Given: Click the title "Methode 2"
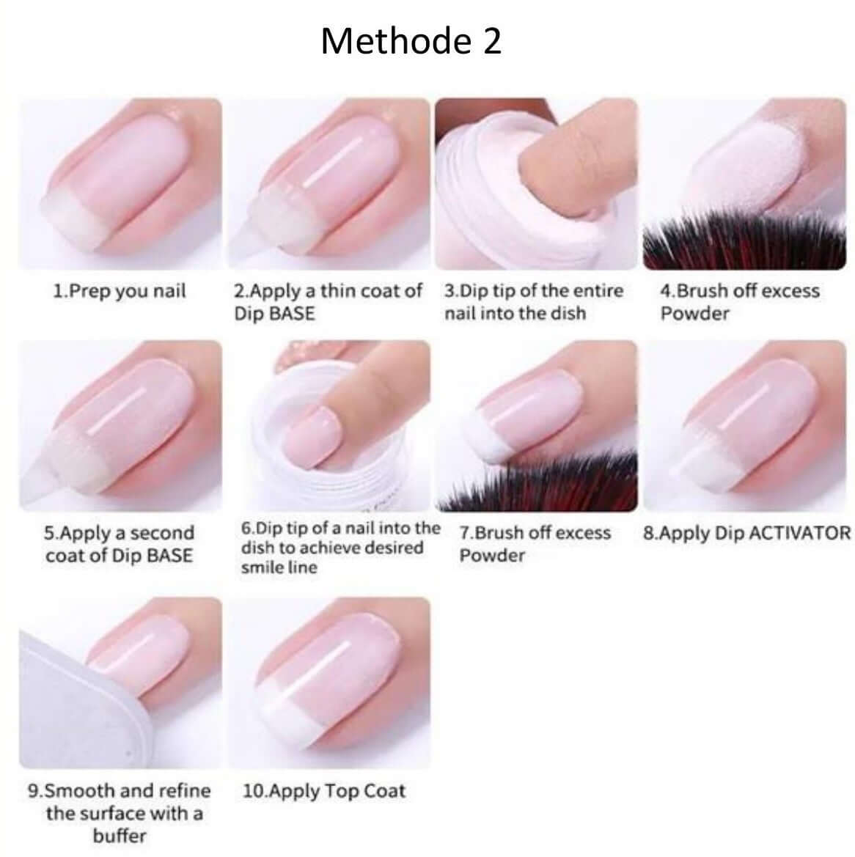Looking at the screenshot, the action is [x=411, y=41].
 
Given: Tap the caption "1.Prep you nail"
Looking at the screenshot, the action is [x=120, y=291].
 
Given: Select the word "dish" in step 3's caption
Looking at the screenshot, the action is [x=568, y=313].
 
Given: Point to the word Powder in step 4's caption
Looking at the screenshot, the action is [x=694, y=313].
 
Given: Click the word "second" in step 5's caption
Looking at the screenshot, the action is [x=162, y=533].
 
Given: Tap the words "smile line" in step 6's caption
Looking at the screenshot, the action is [x=279, y=567].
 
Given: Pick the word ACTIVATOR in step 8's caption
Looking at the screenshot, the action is [x=799, y=533].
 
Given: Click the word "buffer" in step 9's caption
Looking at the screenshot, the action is [x=120, y=836].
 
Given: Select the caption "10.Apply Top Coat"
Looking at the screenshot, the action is [x=323, y=791].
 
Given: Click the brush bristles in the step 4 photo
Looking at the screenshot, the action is [x=744, y=243].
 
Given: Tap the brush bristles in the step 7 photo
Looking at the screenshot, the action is [x=538, y=484].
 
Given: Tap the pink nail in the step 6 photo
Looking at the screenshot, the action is [x=312, y=435].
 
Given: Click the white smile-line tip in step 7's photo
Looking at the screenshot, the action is [x=488, y=435].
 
